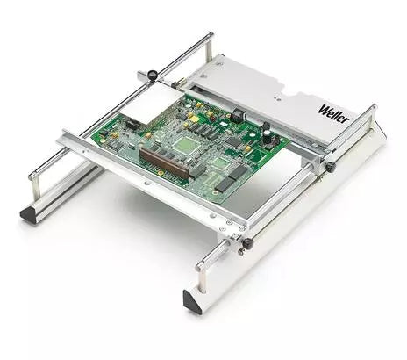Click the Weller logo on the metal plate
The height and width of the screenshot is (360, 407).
[x=334, y=113]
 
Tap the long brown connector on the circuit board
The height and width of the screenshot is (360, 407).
[x=165, y=163]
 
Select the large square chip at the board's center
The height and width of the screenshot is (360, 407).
[x=185, y=144]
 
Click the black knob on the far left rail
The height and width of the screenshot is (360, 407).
[x=152, y=75]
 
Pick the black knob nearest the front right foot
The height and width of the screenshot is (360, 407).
[x=247, y=243]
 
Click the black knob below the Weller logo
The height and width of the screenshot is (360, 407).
[x=331, y=167]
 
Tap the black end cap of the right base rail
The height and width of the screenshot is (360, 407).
[x=192, y=302]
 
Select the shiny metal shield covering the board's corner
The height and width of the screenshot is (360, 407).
[x=152, y=102]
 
